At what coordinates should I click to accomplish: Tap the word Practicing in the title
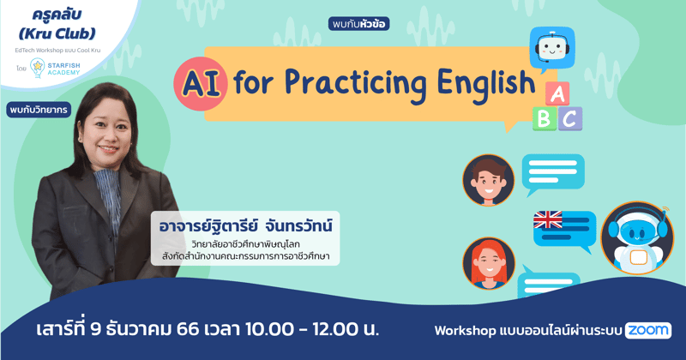(x=342, y=84)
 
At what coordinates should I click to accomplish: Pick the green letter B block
(x=544, y=118)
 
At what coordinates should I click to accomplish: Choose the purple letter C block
(x=569, y=118)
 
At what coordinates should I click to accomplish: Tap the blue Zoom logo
(x=648, y=330)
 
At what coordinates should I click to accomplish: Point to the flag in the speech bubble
(x=548, y=220)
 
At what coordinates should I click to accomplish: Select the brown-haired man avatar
(x=488, y=179)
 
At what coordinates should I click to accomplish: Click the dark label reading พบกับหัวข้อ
(x=358, y=24)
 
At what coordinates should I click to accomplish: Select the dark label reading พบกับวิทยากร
(x=39, y=110)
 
